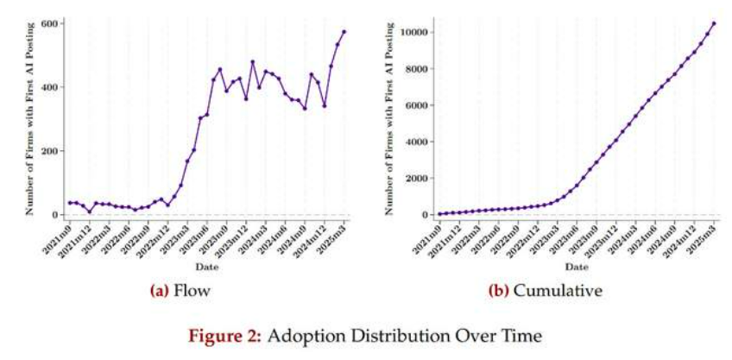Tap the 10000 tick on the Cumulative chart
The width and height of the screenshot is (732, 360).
pos(420,33)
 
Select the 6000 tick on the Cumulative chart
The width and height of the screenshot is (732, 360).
pos(423,105)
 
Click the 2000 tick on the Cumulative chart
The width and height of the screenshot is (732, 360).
pos(423,178)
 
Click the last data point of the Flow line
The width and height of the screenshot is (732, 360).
pos(344,31)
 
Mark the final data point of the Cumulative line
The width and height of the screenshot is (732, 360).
pos(714,23)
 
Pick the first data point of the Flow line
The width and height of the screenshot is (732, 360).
pos(70,203)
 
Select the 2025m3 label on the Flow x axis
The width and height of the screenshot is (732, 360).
pos(332,236)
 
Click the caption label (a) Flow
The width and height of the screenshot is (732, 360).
pos(180,291)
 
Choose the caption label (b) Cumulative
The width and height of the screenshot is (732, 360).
pos(544,291)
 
